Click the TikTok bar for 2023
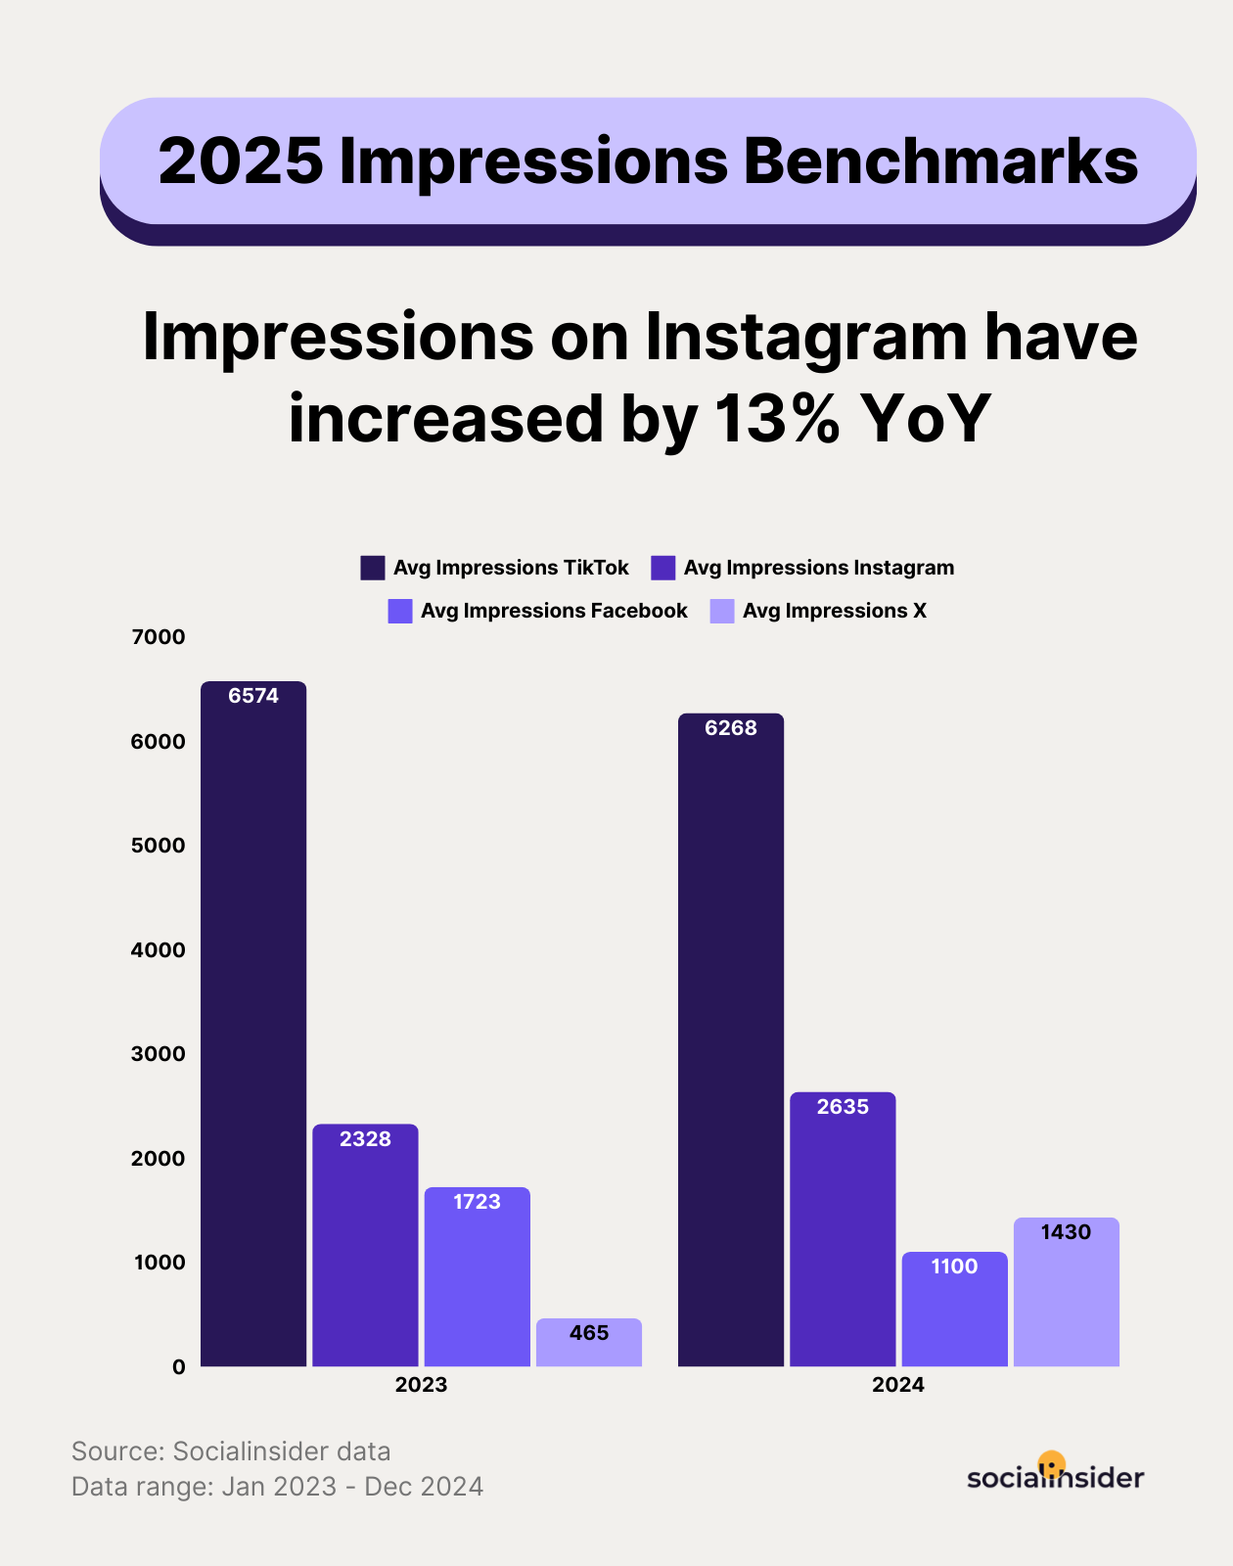tap(253, 1028)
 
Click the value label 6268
tap(731, 728)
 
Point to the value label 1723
tap(477, 1202)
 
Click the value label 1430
tap(1066, 1232)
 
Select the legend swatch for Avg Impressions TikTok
tap(373, 568)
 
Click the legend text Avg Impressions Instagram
tap(818, 568)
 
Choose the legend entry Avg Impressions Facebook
tap(554, 611)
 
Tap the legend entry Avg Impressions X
tap(834, 611)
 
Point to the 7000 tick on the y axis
tap(159, 637)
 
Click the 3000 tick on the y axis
tap(159, 1054)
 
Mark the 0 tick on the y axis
tap(178, 1367)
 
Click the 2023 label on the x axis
tap(421, 1385)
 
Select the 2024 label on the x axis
tap(898, 1385)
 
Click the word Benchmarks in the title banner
tap(940, 161)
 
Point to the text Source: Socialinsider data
tap(231, 1451)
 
